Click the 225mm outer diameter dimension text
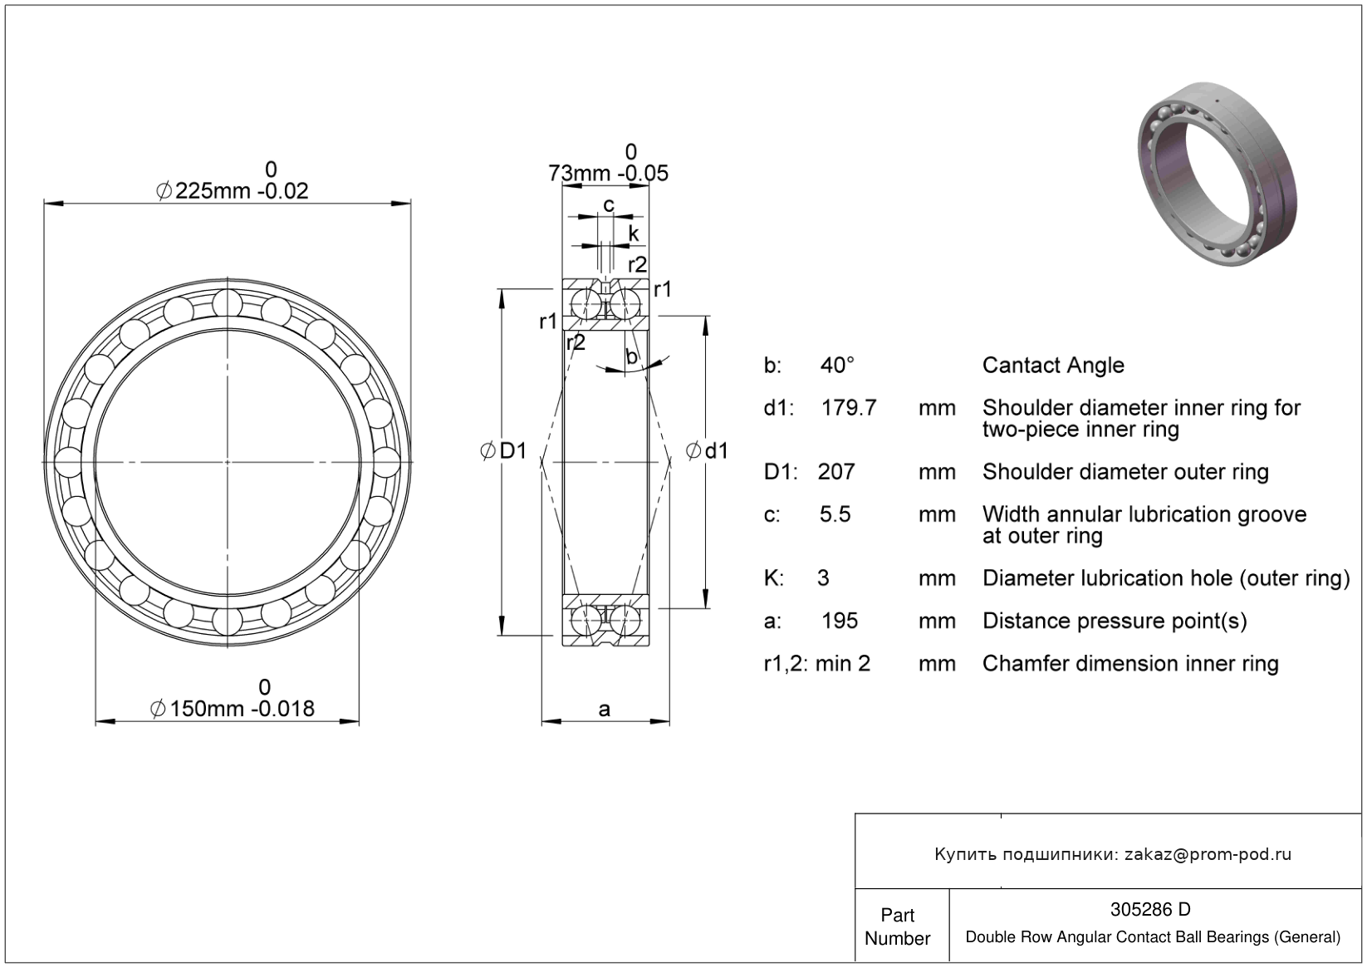click(233, 191)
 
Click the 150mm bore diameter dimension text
click(233, 709)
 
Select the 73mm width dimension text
click(608, 174)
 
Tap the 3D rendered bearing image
click(1218, 174)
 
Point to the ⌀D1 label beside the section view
click(503, 450)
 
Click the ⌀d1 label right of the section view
click(707, 451)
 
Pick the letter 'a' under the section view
click(604, 709)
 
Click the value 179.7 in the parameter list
click(848, 407)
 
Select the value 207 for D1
click(836, 471)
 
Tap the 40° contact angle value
click(837, 366)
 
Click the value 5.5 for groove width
click(835, 514)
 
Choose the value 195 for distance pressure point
click(840, 622)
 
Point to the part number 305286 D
click(1150, 909)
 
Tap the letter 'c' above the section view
click(609, 206)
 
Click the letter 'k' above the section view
click(634, 233)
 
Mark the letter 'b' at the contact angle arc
click(632, 356)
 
